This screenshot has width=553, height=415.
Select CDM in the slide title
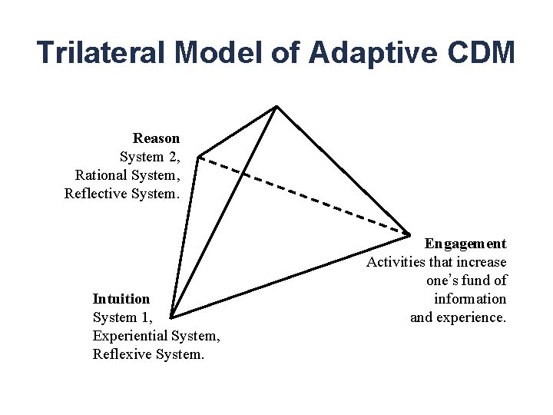[x=477, y=52]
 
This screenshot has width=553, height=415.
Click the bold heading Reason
[x=156, y=138]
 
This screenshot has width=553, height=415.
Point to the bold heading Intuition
[x=121, y=298]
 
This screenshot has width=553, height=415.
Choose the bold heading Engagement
[x=465, y=244]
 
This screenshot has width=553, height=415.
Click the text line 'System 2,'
[x=150, y=157]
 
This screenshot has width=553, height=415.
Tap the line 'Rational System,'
[x=127, y=175]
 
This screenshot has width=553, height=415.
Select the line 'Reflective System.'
[x=122, y=194]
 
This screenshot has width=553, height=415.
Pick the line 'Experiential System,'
[x=157, y=336]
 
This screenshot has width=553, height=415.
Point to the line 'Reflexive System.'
[x=148, y=354]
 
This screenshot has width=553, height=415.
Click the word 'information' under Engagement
[x=470, y=298]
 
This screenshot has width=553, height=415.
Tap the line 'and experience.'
[x=458, y=317]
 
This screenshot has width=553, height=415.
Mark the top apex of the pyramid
[x=276, y=107]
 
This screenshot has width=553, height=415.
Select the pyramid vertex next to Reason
[x=198, y=157]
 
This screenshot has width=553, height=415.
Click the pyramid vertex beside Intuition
[x=171, y=316]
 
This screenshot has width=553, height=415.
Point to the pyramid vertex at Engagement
[x=409, y=233]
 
